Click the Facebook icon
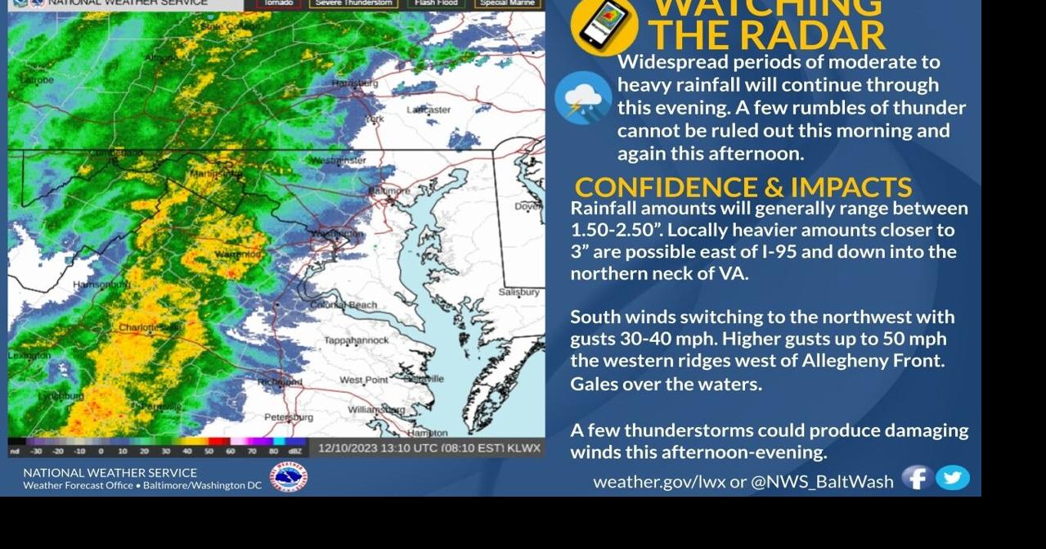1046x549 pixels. point(917,478)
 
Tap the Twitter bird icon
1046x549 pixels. point(953,478)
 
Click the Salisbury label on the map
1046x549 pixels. point(519,292)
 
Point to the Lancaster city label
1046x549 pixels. point(429,110)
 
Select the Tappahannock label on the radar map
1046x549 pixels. point(356,340)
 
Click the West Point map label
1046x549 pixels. point(364,380)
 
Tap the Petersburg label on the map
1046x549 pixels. point(288,417)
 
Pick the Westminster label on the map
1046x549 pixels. point(339,160)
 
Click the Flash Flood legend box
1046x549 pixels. point(436,3)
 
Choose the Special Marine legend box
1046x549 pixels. point(507,3)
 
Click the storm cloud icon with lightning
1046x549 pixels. point(582,98)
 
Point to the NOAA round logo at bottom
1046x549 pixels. point(289,478)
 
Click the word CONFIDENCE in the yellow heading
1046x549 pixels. point(666,187)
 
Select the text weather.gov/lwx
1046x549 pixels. point(659,482)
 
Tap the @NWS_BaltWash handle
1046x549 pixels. point(822,482)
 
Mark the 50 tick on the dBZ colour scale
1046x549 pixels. point(208,451)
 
